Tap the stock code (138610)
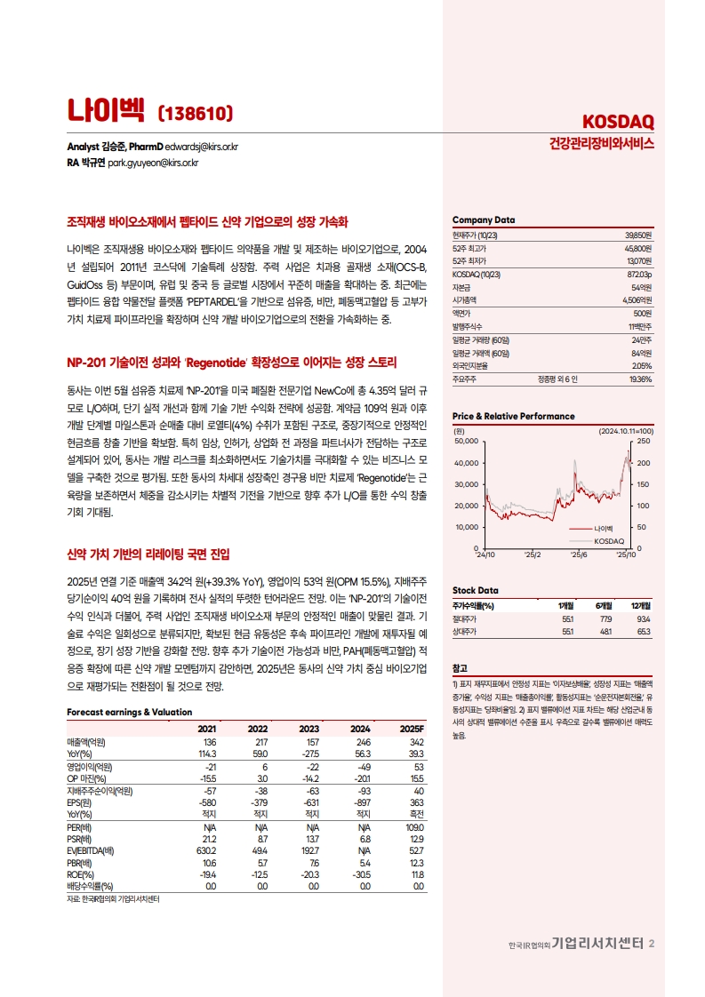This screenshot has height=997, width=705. pyautogui.click(x=195, y=113)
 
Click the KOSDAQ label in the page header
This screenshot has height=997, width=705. pyautogui.click(x=618, y=121)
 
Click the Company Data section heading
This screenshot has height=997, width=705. pyautogui.click(x=484, y=220)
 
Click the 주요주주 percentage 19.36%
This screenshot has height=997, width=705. pyautogui.click(x=640, y=378)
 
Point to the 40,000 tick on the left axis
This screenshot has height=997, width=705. pyautogui.click(x=466, y=463)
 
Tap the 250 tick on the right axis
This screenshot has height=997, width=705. pyautogui.click(x=644, y=442)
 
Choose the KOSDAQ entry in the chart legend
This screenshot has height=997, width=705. pyautogui.click(x=609, y=540)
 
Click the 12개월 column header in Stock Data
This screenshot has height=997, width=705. pyautogui.click(x=640, y=606)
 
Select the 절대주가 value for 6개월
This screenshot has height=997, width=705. pyautogui.click(x=608, y=618)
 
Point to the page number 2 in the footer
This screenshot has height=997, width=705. pyautogui.click(x=652, y=944)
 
